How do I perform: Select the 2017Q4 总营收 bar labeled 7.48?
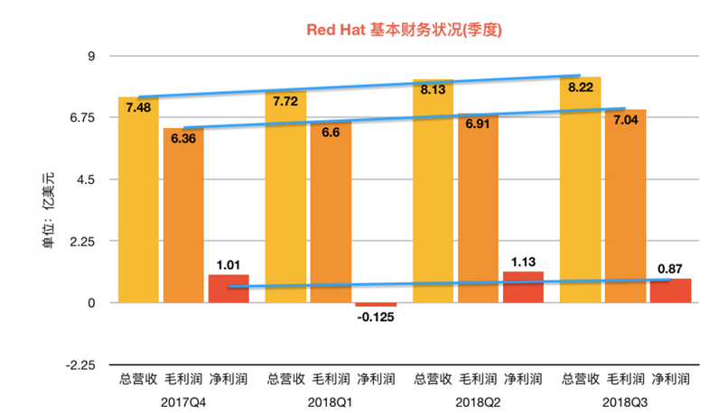(138, 207)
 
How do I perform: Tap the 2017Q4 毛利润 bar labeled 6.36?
(183, 221)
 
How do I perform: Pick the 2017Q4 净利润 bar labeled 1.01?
(229, 289)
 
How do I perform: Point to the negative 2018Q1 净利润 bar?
(375, 305)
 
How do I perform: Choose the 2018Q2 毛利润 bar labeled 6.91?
(478, 212)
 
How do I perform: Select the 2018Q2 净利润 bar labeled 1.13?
(523, 288)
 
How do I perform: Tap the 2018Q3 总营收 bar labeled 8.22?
(581, 194)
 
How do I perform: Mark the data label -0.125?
(375, 317)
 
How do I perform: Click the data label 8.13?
(433, 89)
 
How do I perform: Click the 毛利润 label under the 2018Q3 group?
(625, 379)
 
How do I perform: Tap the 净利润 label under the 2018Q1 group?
(375, 379)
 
